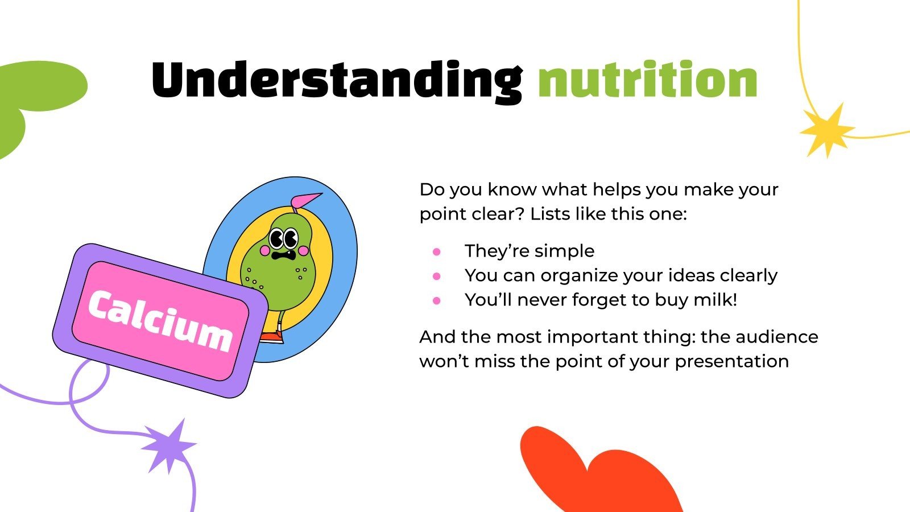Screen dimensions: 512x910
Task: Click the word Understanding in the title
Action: [x=336, y=81]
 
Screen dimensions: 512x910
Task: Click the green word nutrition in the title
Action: [x=647, y=81]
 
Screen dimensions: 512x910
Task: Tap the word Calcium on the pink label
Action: [x=160, y=321]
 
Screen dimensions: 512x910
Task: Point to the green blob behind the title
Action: [x=34, y=97]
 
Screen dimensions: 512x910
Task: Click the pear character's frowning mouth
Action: [x=283, y=255]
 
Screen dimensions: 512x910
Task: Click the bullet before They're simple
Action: [x=437, y=251]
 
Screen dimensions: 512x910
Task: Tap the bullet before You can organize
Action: [x=437, y=276]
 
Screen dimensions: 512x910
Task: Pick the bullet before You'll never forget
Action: [x=437, y=300]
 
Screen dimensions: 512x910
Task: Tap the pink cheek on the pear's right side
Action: [x=304, y=250]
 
